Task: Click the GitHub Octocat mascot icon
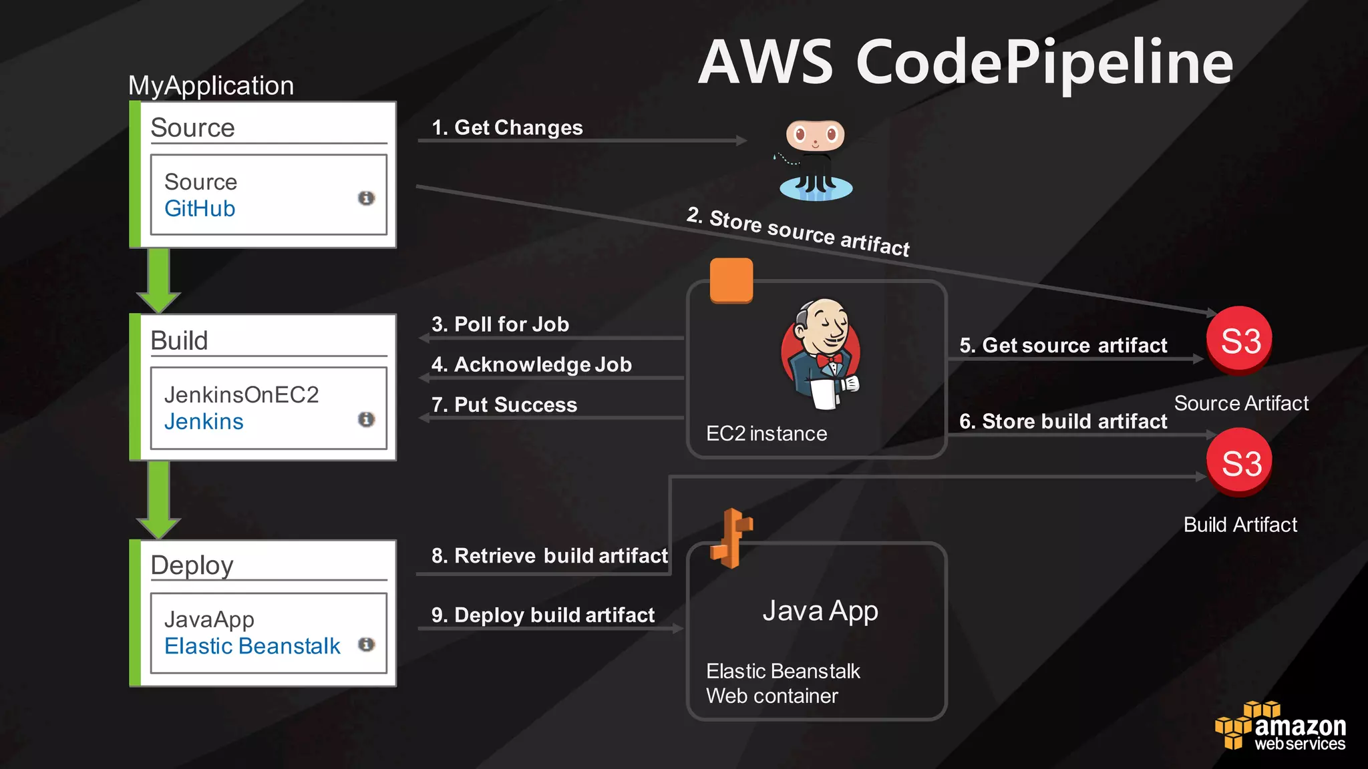[816, 160]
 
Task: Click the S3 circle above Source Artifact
[1240, 341]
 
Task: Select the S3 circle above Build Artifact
[1240, 463]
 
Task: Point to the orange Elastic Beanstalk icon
[732, 538]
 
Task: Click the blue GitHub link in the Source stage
[200, 209]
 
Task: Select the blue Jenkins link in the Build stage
[204, 422]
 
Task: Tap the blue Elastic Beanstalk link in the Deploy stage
[252, 646]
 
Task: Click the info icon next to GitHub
[366, 198]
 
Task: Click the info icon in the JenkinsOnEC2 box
[366, 419]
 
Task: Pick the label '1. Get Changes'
[507, 127]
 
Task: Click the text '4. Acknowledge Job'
[531, 364]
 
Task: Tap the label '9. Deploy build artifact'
[543, 615]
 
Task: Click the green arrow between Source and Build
[158, 280]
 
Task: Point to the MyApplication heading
[211, 85]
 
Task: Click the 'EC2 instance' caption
[766, 434]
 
